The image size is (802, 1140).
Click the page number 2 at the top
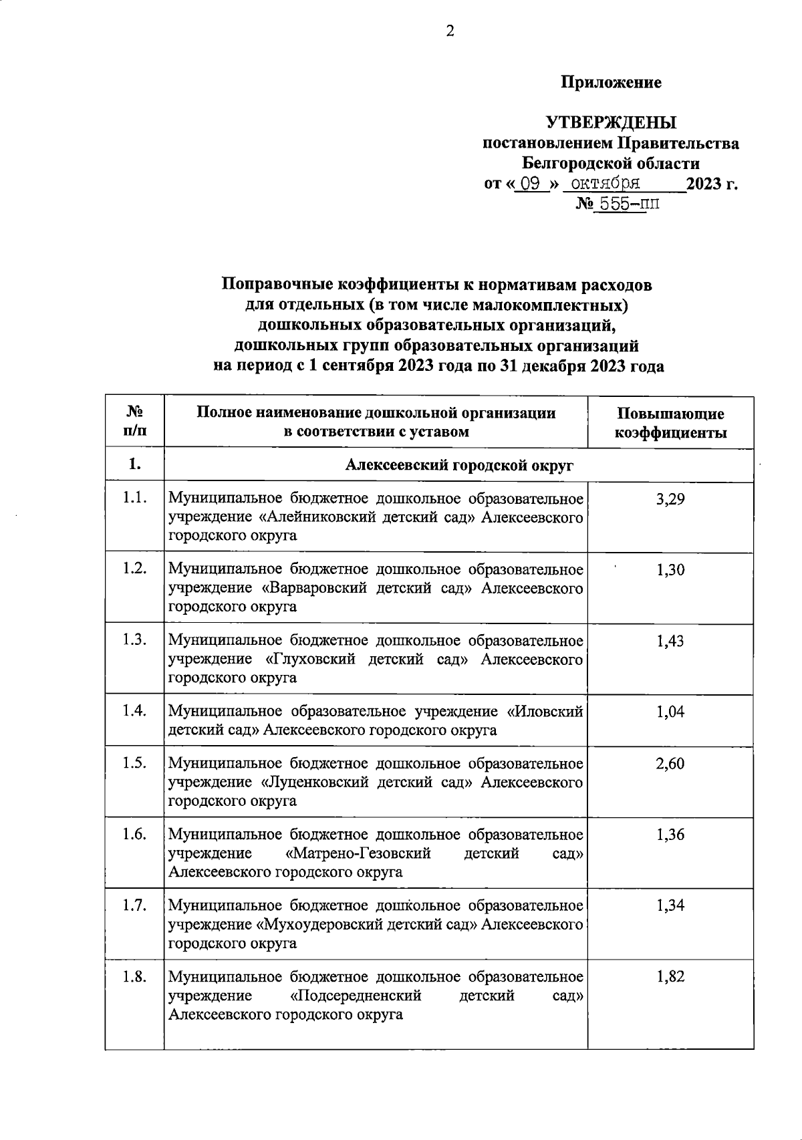coord(450,31)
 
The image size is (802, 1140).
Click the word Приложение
coord(611,82)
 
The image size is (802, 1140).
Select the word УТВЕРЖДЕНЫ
coord(611,123)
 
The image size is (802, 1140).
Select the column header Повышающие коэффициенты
coord(670,423)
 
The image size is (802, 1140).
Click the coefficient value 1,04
coord(670,712)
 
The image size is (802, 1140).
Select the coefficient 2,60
coord(670,764)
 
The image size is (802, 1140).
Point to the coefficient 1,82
coord(670,977)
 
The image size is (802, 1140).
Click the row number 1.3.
coord(135,640)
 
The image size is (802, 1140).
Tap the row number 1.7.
coord(135,905)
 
